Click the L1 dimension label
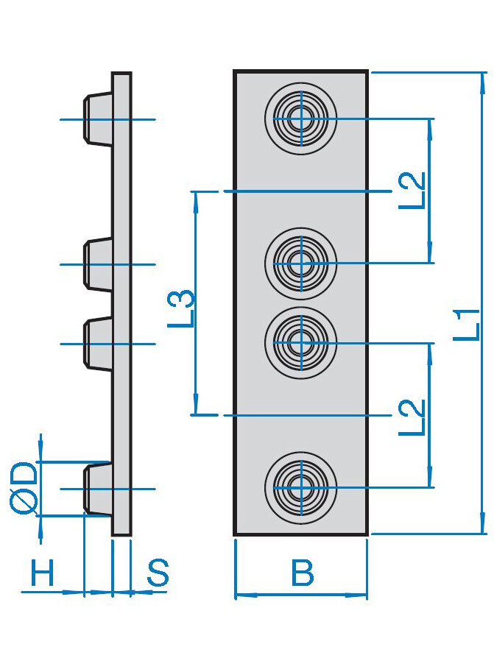coord(467,325)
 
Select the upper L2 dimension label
coord(412,191)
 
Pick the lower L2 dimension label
coord(412,417)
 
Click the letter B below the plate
coord(302,573)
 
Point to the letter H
coord(43,573)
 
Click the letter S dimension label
coord(158,573)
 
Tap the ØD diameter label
coord(24,488)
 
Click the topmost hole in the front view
coord(301,118)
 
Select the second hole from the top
coord(301,263)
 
